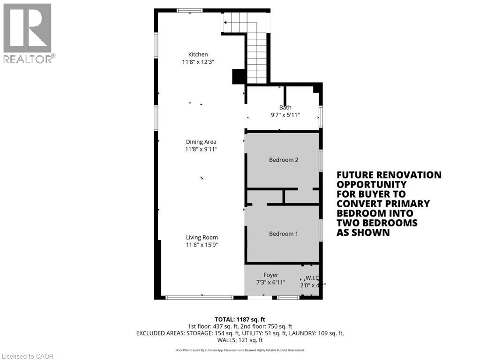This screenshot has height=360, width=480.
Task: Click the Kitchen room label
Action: click(198, 54)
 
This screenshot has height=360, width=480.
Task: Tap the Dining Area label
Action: click(201, 142)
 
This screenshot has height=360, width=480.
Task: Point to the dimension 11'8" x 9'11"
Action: click(201, 150)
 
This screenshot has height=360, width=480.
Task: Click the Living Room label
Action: click(202, 237)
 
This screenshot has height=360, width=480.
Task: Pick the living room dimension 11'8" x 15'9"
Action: click(202, 245)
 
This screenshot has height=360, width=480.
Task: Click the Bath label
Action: click(285, 107)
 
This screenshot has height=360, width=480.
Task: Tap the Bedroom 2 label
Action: click(284, 160)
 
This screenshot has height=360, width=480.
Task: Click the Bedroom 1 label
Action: click(283, 234)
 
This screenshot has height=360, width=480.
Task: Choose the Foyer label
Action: click(270, 275)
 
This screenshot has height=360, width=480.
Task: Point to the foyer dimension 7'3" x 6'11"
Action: click(270, 283)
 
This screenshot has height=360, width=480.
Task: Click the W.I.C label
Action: click(313, 277)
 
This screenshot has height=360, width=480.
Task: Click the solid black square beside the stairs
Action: click(239, 76)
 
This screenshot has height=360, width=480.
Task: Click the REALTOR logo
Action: click(28, 33)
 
